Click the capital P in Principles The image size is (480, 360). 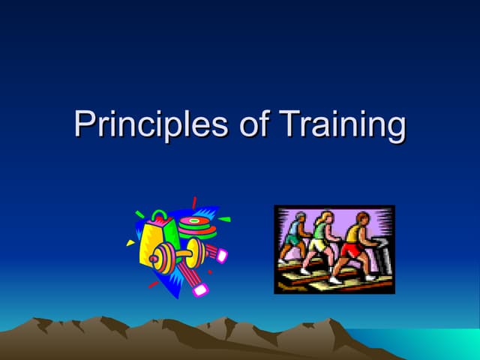coord(84,123)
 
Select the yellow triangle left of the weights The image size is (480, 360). coord(130,242)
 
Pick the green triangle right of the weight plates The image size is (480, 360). coord(224,220)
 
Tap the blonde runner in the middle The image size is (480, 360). coord(321,240)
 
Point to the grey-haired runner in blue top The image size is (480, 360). coord(294,236)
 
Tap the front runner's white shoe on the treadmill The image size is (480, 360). coord(336,279)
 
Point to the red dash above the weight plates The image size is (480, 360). coord(194,202)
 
